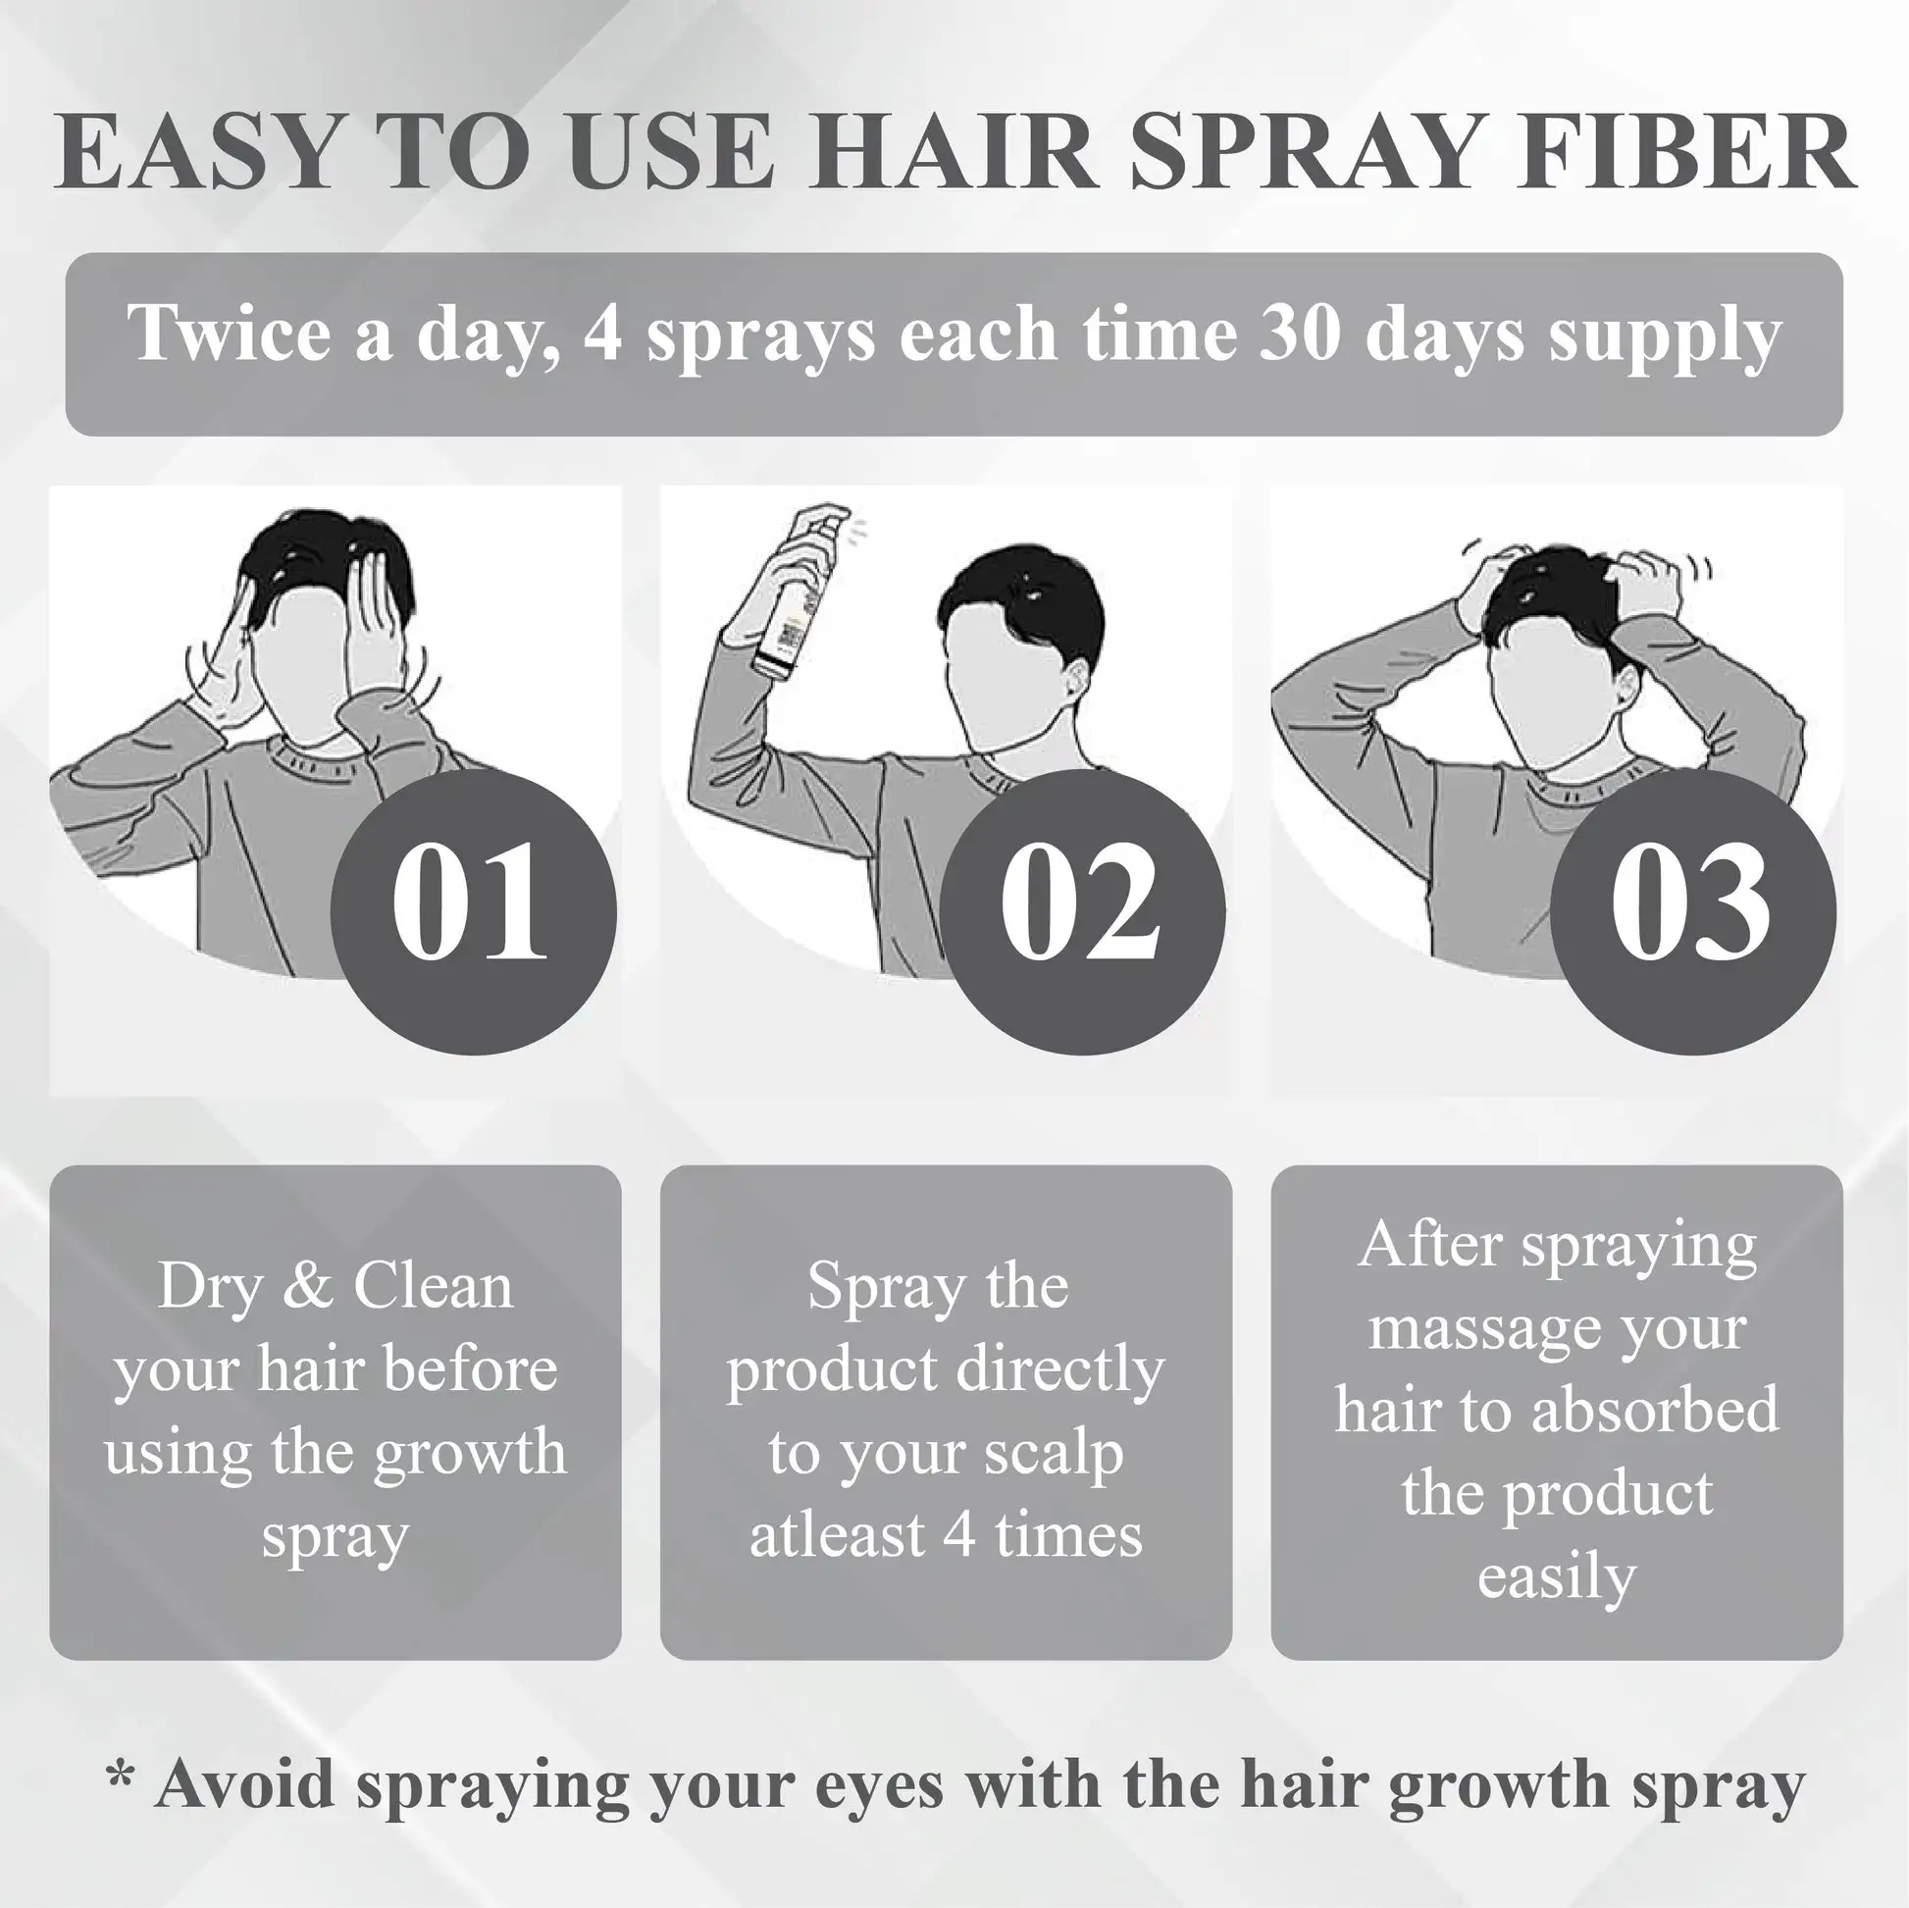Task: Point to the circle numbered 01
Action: pyautogui.click(x=472, y=911)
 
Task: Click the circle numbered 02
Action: pyautogui.click(x=1082, y=911)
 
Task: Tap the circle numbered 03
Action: pyautogui.click(x=1692, y=911)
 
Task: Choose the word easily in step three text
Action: pyautogui.click(x=1556, y=1578)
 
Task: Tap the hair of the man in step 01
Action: pyautogui.click(x=326, y=563)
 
